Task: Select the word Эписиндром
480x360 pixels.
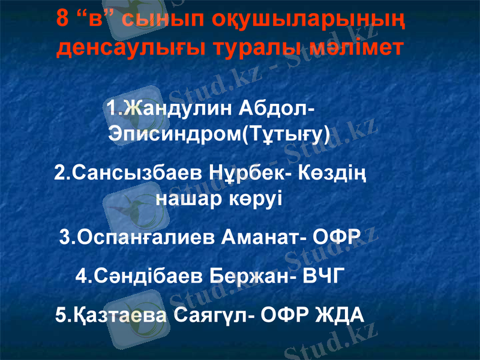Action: (174, 133)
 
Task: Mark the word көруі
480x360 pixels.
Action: (256, 198)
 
